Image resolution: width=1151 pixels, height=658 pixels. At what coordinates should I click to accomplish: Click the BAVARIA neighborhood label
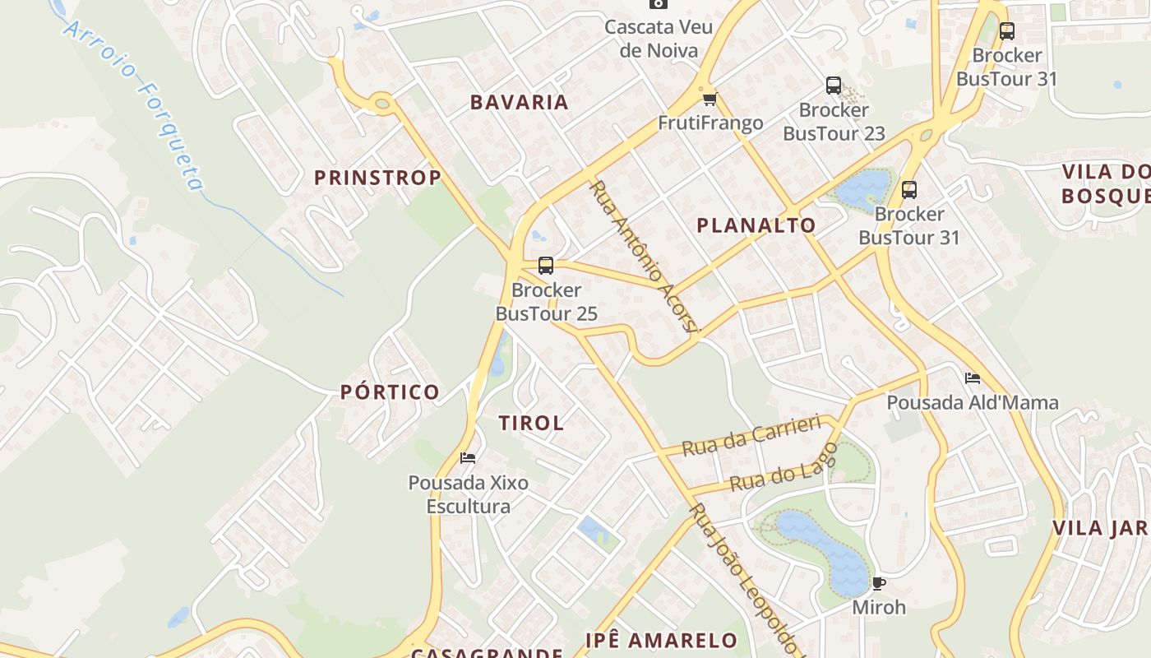(519, 102)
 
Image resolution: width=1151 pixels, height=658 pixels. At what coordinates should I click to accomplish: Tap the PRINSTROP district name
(377, 177)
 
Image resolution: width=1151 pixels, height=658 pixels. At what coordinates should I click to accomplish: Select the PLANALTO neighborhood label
(756, 225)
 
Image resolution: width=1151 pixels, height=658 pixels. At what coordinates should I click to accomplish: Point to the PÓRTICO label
(391, 392)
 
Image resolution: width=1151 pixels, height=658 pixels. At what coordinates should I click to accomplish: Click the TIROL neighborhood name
(531, 423)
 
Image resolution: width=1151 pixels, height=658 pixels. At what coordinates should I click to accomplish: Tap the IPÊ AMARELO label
(661, 640)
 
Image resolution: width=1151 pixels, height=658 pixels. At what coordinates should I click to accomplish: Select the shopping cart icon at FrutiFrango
(710, 100)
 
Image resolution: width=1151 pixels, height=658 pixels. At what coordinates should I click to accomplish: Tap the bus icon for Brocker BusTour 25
(546, 266)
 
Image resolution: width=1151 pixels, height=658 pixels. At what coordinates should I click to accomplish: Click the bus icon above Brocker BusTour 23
(834, 86)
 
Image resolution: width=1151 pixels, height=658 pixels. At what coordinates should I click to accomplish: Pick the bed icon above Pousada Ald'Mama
(973, 378)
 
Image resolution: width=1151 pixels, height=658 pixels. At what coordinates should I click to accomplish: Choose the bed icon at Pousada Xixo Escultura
(468, 458)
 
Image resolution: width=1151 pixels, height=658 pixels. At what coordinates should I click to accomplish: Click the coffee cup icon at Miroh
(878, 583)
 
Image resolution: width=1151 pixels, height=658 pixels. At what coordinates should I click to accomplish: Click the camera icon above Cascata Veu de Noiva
(658, 3)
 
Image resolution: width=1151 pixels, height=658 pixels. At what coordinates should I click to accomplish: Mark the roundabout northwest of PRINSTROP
(381, 104)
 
